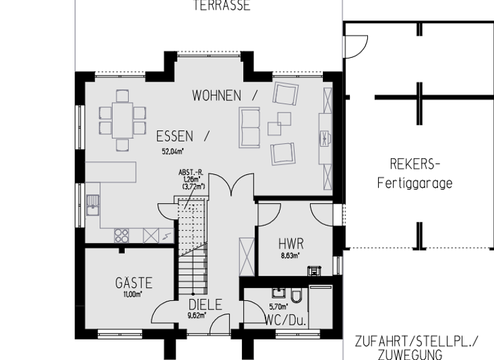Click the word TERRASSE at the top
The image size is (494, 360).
click(x=221, y=6)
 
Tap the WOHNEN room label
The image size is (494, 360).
click(x=217, y=96)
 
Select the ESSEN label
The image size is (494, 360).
click(x=174, y=136)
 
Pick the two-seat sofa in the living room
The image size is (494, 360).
click(x=249, y=127)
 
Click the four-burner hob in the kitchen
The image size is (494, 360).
click(x=122, y=235)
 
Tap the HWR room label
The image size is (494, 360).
click(x=291, y=244)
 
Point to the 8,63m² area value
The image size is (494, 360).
click(x=291, y=255)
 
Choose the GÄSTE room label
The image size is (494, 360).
click(x=134, y=283)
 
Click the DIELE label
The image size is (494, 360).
click(x=205, y=305)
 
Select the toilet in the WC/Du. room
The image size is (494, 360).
click(x=296, y=296)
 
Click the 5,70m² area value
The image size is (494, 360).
click(x=277, y=307)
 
